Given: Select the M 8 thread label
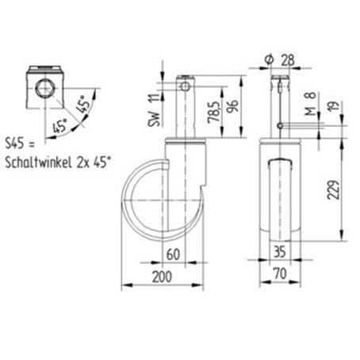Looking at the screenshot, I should coord(312,103).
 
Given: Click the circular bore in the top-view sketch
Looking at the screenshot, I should coord(44,87).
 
